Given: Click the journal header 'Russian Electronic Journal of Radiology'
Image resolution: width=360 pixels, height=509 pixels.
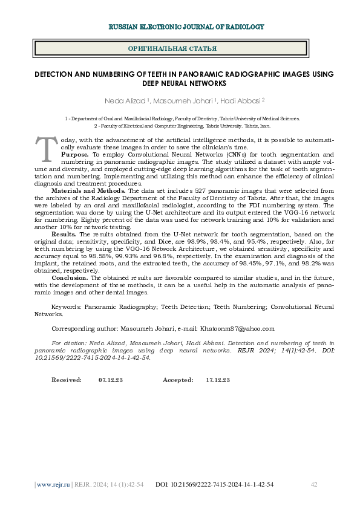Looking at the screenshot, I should [x=186, y=27].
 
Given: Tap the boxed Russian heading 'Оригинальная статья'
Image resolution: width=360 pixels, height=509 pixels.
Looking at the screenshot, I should [x=173, y=48].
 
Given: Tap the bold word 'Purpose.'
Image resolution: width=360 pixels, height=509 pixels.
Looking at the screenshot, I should [x=75, y=155].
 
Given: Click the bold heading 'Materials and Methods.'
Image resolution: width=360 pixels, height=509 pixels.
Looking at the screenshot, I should [x=89, y=190].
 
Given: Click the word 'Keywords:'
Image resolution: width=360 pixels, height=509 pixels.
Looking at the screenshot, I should [x=66, y=307].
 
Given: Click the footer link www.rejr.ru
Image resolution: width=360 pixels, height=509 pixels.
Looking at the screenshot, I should [x=54, y=485].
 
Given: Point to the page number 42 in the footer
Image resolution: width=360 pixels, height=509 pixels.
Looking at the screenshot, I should [x=314, y=485].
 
